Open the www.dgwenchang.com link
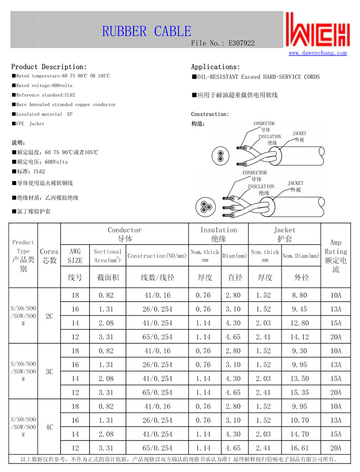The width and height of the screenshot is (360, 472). click(318, 53)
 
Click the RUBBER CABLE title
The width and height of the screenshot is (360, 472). click(147, 31)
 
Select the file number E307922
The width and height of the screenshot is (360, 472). click(242, 43)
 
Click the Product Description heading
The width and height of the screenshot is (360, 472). click(49, 67)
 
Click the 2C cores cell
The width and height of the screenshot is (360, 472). click(49, 316)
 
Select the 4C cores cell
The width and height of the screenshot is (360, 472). click(49, 427)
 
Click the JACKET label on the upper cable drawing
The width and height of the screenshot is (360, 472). click(299, 133)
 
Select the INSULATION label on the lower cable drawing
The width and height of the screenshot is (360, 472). click(261, 186)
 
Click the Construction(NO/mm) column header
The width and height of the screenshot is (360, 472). click(157, 256)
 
